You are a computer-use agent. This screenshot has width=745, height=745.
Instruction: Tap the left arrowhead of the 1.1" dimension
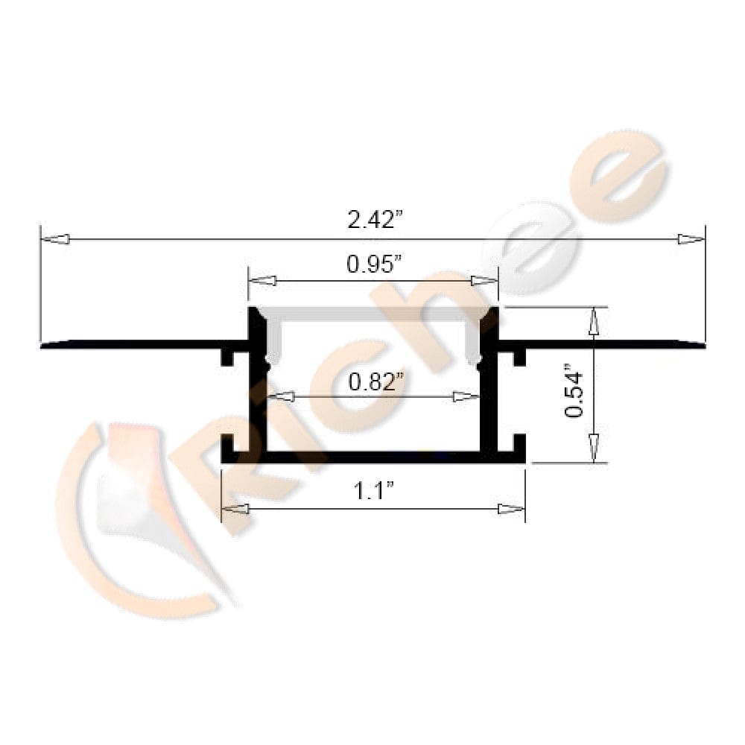point(235,509)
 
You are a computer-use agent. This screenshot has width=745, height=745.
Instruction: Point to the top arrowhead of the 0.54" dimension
point(593,321)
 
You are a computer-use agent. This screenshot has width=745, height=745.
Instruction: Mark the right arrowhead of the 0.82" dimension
point(466,396)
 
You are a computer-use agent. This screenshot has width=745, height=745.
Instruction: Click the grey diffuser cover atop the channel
point(372,314)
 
